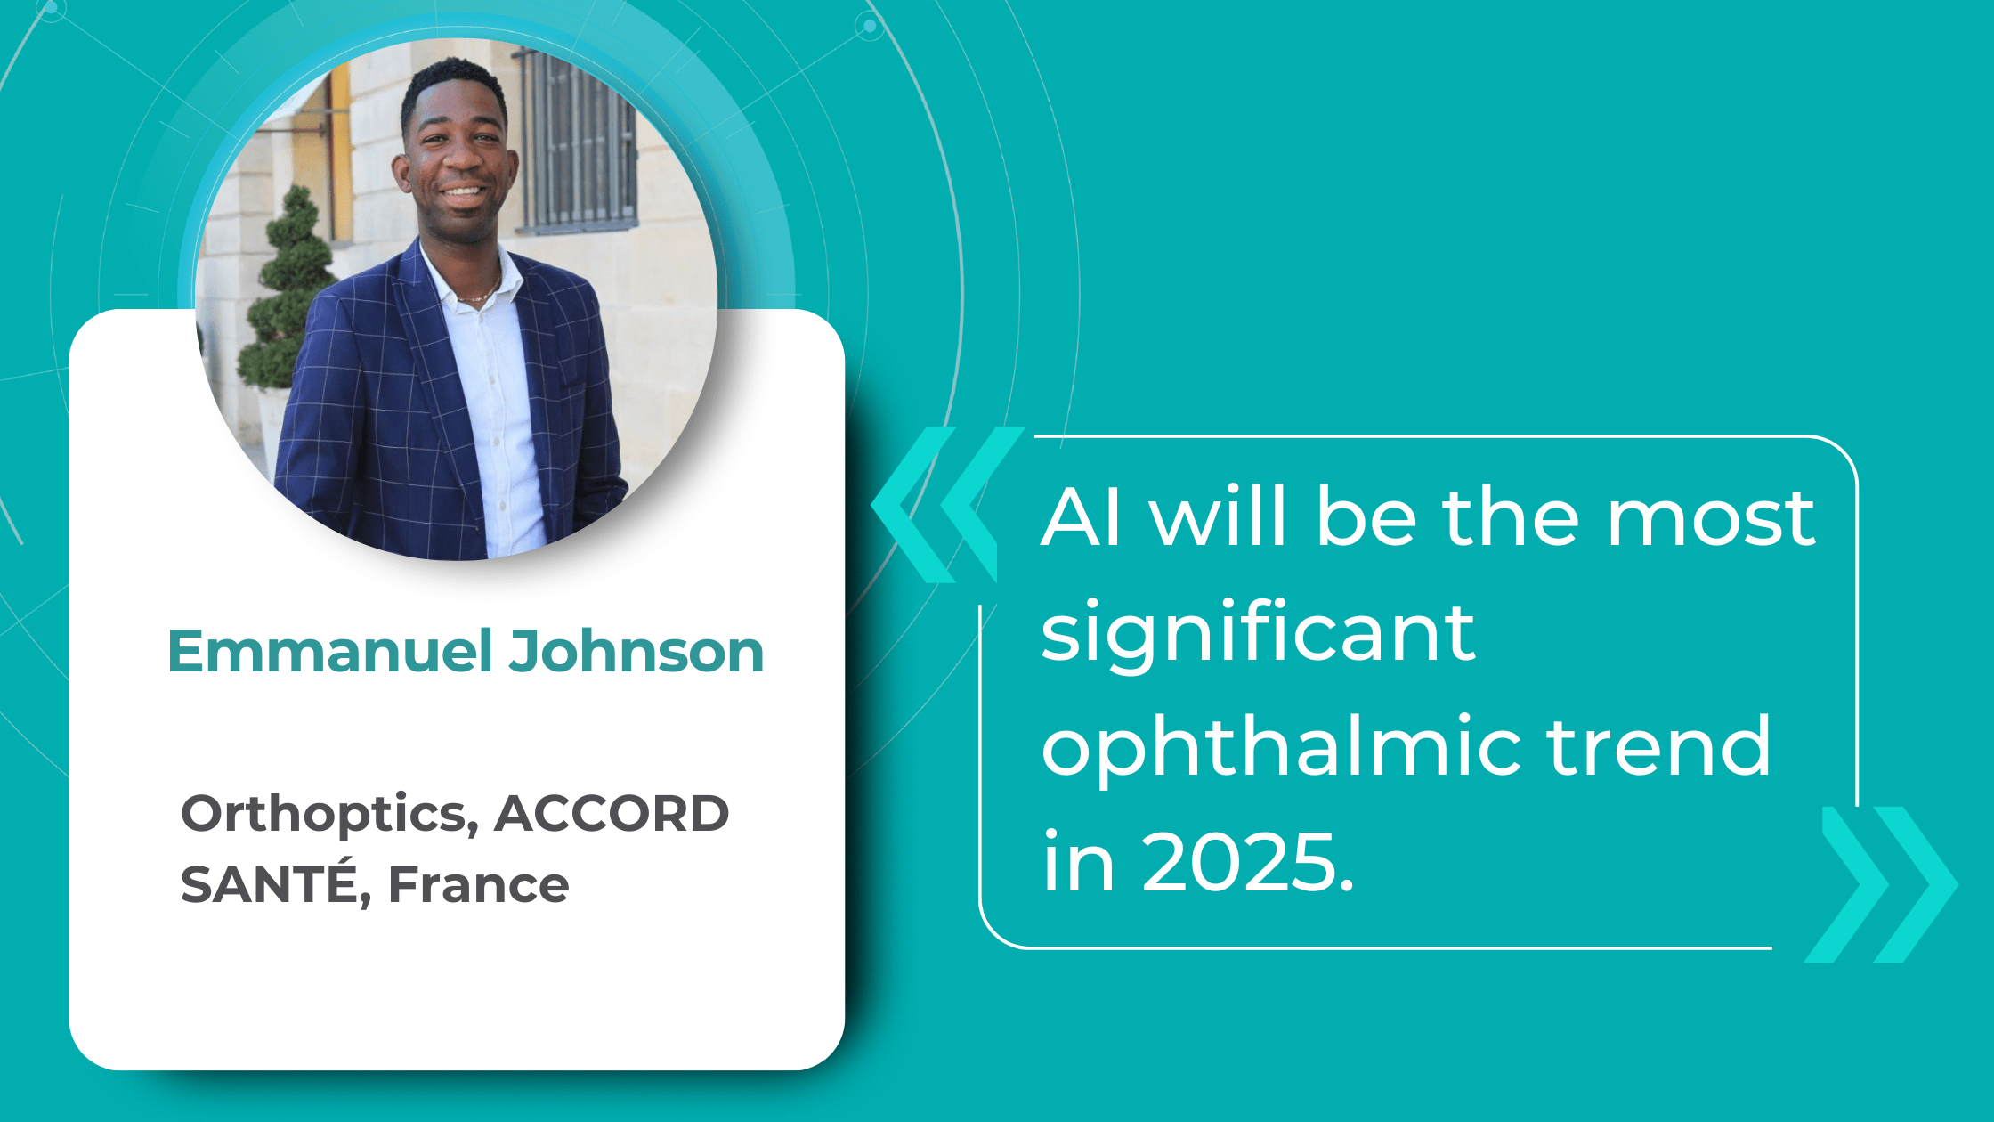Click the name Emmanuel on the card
[330, 652]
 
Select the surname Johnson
[636, 652]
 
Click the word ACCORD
[612, 814]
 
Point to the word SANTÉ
[268, 884]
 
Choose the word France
[479, 884]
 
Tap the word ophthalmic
[1281, 748]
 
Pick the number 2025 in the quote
[1246, 862]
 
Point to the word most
[1710, 518]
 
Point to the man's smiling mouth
[463, 191]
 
